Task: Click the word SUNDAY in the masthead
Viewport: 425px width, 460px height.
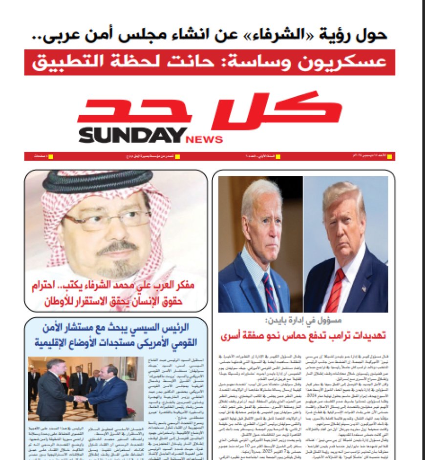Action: [x=132, y=136]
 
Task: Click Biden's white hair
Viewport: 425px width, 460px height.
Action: [x=259, y=193]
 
